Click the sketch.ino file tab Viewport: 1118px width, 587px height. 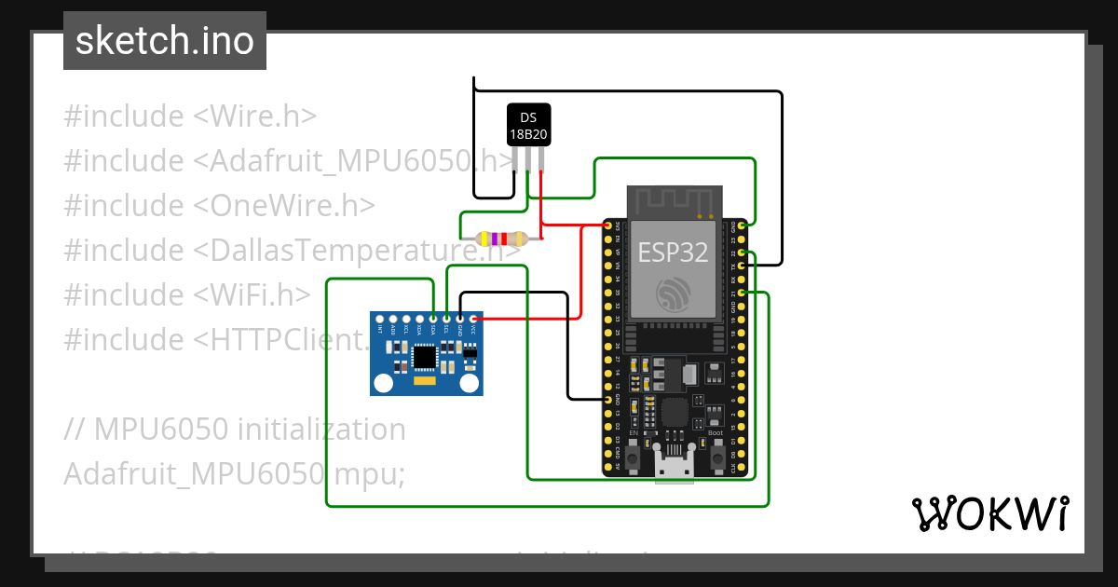[x=164, y=41]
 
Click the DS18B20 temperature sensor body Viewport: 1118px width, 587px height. [x=528, y=125]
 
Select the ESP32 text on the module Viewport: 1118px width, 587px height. [x=673, y=251]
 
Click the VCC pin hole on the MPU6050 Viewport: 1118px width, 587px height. [x=472, y=319]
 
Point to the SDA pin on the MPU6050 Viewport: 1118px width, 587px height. [x=433, y=319]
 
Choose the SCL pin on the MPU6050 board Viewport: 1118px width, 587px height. [x=446, y=319]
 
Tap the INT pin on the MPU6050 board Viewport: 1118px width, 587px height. [x=380, y=319]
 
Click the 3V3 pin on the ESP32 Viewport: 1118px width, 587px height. [x=607, y=225]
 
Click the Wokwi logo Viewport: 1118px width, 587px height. [x=989, y=514]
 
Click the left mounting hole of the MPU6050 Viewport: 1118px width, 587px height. [x=383, y=382]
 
